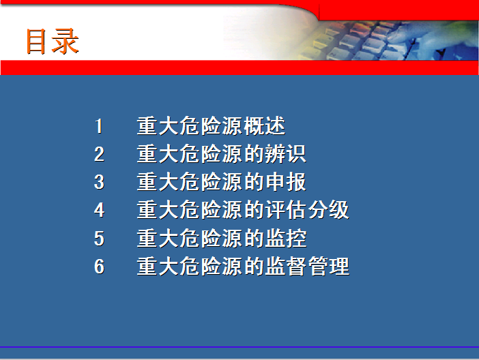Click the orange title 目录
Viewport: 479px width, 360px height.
click(x=53, y=41)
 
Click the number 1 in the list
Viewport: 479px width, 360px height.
click(x=99, y=126)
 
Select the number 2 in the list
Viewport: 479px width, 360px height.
click(x=100, y=154)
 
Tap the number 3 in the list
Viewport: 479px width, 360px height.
click(x=100, y=182)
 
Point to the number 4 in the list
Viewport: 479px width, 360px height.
click(x=100, y=210)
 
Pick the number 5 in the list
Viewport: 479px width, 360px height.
click(x=100, y=238)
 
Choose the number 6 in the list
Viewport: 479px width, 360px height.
click(x=100, y=267)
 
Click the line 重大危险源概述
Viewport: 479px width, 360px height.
click(x=211, y=126)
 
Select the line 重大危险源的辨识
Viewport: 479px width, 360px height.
click(x=222, y=154)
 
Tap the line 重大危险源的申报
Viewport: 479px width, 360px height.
click(x=222, y=182)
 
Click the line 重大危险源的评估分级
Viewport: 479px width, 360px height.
click(x=243, y=210)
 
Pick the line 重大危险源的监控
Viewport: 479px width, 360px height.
click(x=222, y=238)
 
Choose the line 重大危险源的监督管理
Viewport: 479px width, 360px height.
click(x=243, y=267)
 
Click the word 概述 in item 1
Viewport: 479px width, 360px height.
click(x=265, y=126)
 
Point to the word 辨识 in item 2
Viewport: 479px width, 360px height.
click(x=286, y=154)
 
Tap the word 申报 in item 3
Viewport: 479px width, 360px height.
click(x=286, y=182)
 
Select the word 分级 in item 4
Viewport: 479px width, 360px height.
click(x=328, y=210)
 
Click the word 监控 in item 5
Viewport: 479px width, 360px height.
click(x=286, y=238)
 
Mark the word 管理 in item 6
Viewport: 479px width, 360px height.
click(x=328, y=267)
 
